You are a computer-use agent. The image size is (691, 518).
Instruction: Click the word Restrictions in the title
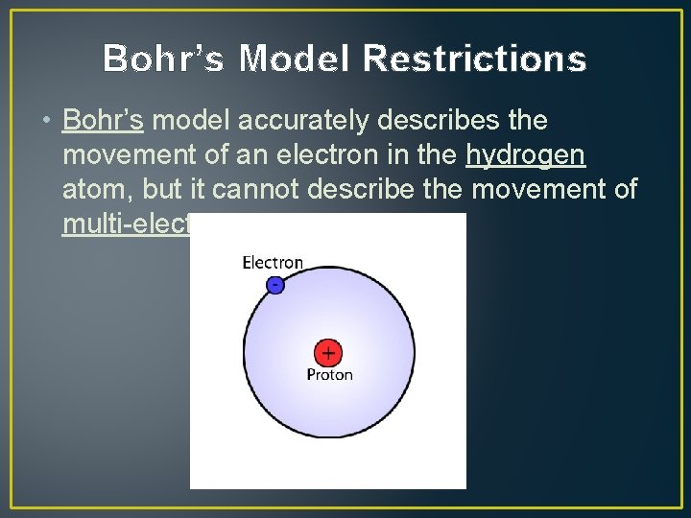(475, 59)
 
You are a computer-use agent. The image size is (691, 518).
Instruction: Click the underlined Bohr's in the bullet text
(103, 121)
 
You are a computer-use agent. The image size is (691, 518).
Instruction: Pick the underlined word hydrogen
(525, 155)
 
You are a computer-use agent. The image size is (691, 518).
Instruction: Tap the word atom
(92, 190)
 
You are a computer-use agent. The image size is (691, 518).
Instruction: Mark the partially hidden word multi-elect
(126, 224)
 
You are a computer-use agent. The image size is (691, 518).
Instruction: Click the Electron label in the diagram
(273, 262)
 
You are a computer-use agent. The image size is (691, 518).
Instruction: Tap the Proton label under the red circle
(329, 375)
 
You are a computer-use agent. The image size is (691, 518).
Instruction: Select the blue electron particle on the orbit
(275, 285)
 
